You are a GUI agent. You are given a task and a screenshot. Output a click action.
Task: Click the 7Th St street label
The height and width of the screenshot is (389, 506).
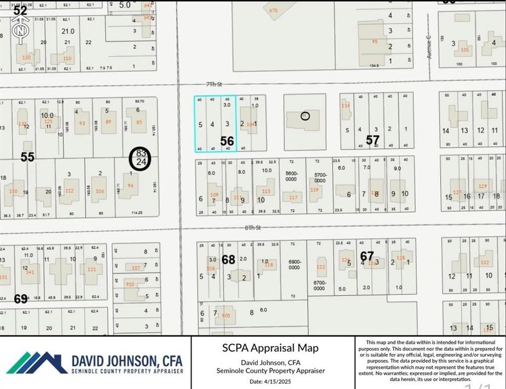[214, 84]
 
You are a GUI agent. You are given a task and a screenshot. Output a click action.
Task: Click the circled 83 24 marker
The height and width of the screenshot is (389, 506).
[141, 158]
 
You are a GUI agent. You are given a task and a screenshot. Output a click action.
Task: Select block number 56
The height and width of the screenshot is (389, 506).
[227, 141]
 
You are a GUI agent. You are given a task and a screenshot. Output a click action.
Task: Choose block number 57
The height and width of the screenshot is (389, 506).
[373, 140]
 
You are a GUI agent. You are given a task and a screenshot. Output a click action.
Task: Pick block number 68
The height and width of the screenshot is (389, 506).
[229, 260]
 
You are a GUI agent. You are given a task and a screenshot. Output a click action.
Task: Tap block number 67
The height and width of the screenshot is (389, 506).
[367, 256]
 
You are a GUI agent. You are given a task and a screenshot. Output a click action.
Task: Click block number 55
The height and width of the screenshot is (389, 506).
[28, 157]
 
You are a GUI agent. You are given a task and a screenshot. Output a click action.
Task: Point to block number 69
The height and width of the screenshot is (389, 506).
[21, 298]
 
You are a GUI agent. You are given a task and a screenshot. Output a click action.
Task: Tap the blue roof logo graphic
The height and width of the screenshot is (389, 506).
[38, 363]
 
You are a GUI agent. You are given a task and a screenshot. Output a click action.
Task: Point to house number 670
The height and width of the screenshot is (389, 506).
[273, 10]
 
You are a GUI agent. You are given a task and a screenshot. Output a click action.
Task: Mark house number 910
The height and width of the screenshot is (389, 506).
[130, 284]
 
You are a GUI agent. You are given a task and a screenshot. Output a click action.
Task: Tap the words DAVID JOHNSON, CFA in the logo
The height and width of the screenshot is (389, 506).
[127, 360]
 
